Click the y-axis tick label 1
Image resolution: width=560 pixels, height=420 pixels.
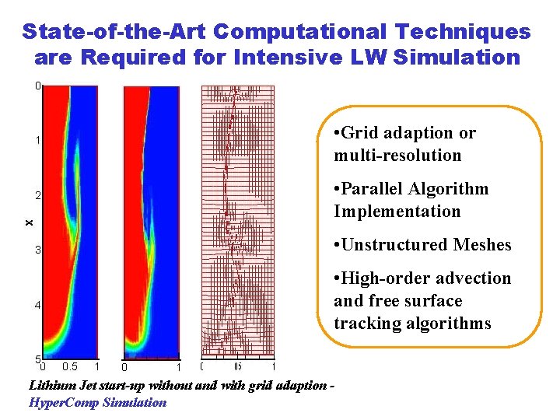tap(37, 140)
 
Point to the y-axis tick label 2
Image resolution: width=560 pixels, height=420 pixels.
tap(37, 194)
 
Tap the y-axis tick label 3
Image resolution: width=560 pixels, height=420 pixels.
tap(37, 250)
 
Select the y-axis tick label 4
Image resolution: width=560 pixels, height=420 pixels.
tap(37, 305)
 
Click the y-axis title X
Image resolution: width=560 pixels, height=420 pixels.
tap(29, 222)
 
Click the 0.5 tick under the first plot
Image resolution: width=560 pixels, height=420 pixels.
tap(69, 367)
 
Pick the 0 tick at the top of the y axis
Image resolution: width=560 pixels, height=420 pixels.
tap(37, 86)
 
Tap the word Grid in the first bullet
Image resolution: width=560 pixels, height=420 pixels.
tap(360, 133)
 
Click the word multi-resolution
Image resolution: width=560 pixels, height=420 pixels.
tap(397, 156)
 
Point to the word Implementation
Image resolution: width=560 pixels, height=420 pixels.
tap(397, 212)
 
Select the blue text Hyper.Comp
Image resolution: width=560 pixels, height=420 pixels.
tap(64, 402)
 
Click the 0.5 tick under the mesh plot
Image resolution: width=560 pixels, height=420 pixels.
tap(238, 367)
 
